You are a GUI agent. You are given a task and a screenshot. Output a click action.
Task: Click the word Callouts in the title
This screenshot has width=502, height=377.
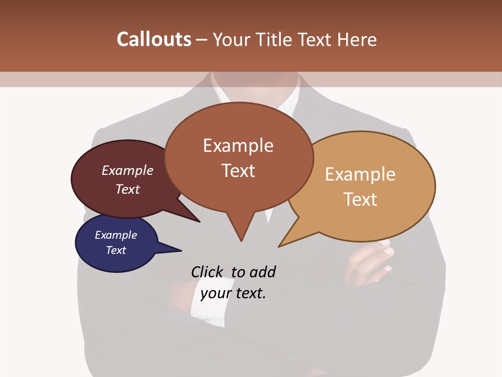point(154,39)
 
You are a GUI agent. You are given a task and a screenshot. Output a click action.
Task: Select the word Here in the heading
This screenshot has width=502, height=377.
point(357,39)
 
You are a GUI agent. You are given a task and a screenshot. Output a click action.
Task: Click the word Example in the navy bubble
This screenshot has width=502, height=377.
point(116,235)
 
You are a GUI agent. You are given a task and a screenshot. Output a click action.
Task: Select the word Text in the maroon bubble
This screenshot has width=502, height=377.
point(128,189)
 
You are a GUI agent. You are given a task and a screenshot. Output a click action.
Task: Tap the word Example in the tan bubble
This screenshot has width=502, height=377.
point(360,174)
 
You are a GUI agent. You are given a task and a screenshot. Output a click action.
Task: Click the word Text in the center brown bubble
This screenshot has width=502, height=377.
point(238,171)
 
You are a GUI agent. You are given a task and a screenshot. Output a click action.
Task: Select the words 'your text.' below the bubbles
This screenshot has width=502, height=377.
point(233,293)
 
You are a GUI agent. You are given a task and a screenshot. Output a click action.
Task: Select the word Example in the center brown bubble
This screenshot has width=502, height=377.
point(238,146)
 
